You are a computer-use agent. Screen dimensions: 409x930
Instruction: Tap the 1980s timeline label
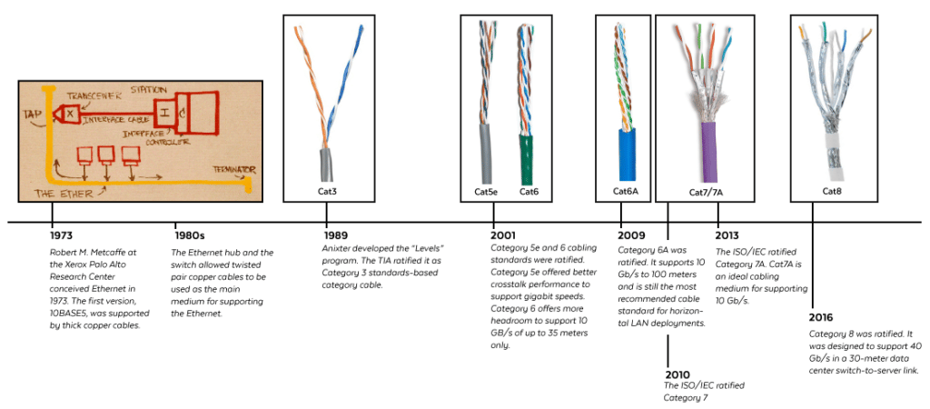point(189,235)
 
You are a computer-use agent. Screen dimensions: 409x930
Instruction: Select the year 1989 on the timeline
point(337,235)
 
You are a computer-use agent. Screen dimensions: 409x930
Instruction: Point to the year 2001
point(504,235)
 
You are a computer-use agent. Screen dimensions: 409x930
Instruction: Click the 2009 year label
point(632,235)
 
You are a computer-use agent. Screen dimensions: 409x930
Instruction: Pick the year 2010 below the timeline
point(678,374)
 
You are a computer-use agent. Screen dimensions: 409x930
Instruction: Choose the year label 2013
point(729,235)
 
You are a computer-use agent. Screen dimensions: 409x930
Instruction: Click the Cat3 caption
point(327,192)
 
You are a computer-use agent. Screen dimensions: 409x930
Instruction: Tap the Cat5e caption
point(487,192)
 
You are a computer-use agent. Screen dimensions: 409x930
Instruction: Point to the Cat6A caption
point(626,192)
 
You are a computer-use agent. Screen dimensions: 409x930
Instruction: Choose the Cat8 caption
point(833,192)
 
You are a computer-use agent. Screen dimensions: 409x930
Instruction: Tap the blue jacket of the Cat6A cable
point(627,155)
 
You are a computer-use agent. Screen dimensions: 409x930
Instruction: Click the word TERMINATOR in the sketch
point(232,170)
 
